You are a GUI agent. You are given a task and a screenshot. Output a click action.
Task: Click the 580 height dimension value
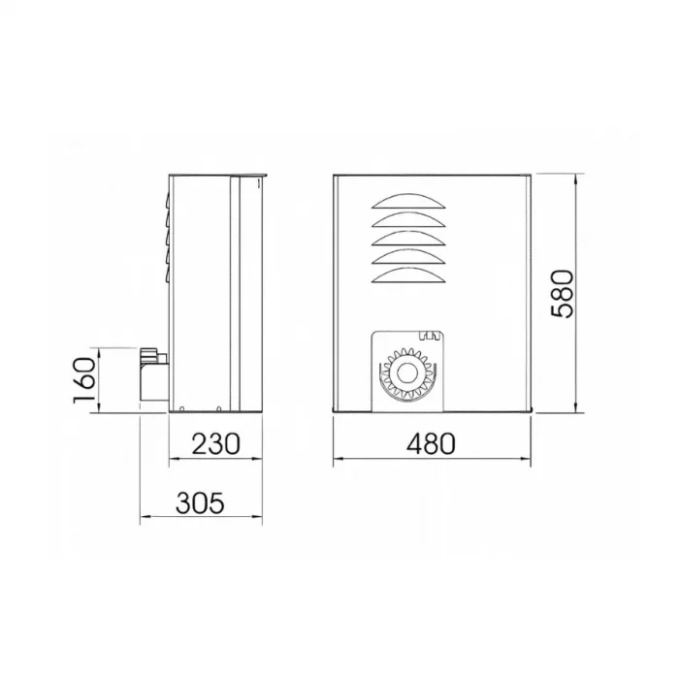point(564,294)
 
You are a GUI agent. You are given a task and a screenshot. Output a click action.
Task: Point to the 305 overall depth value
point(201,503)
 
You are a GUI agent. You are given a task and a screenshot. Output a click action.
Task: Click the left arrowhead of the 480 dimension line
point(338,459)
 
